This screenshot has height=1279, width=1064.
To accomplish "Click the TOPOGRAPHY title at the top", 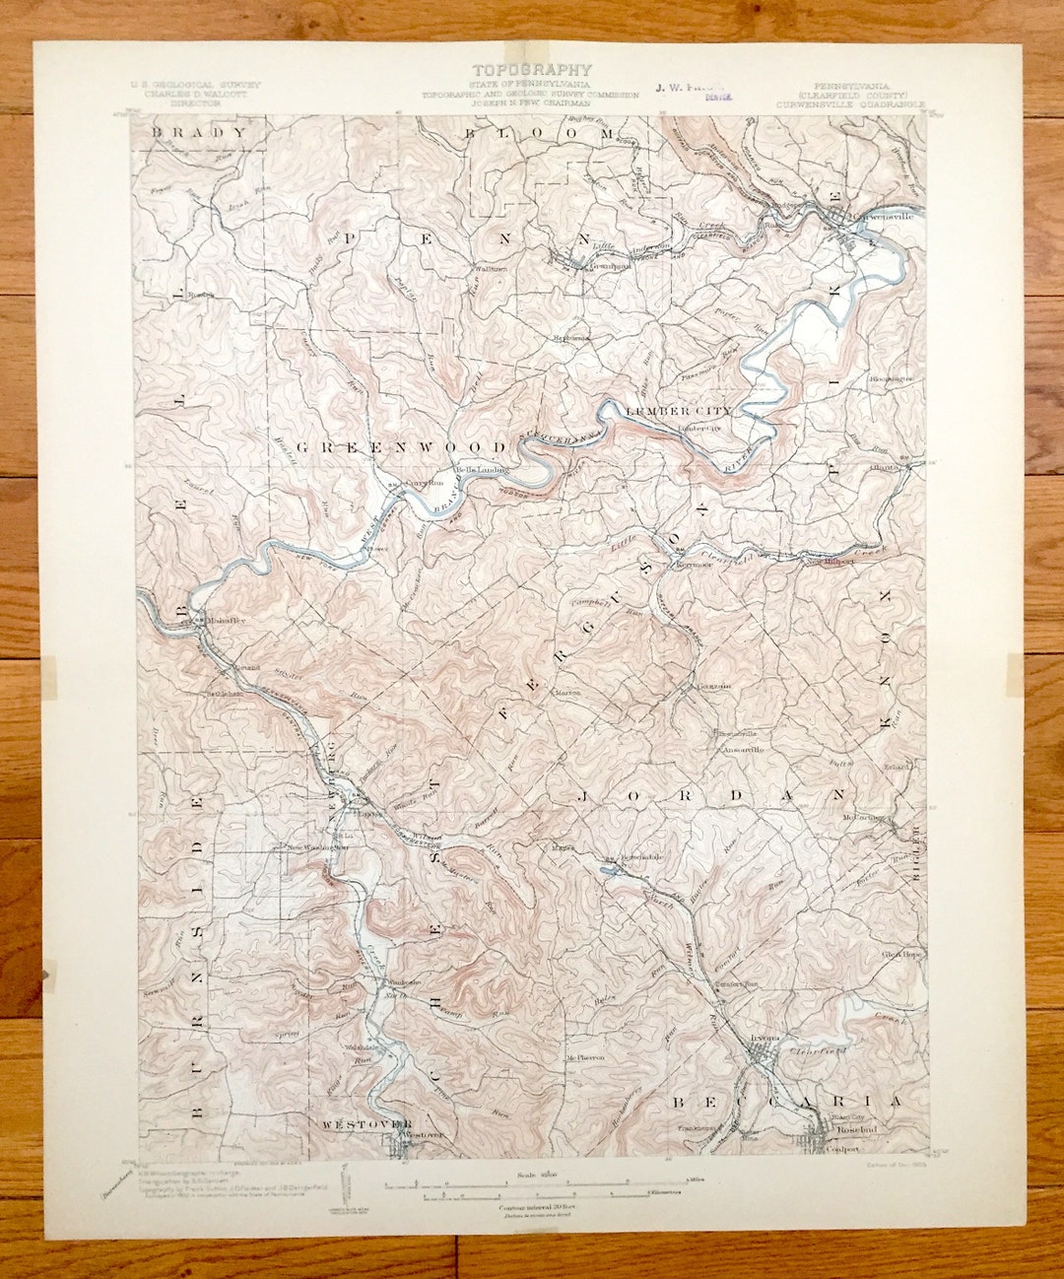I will click(x=532, y=70).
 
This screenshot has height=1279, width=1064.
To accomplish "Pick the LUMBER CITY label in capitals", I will click(x=679, y=410).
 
